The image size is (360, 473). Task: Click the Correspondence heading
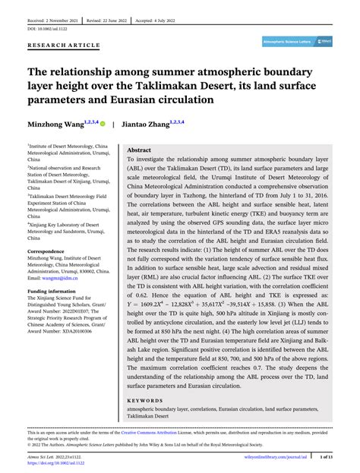point(47,250)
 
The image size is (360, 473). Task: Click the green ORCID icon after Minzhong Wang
point(103,122)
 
